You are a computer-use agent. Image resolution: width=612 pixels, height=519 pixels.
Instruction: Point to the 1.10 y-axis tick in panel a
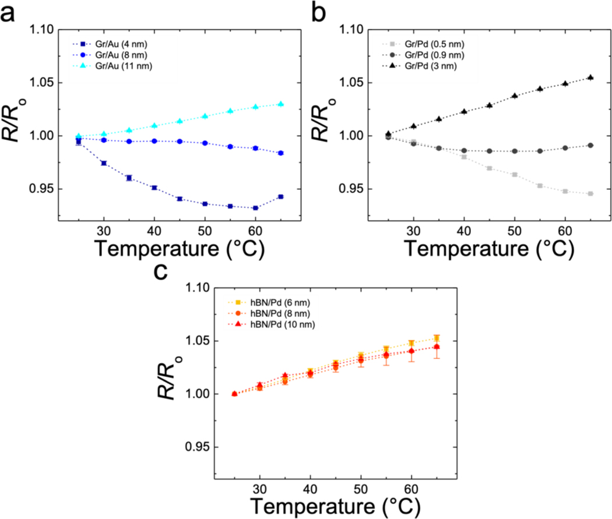pos(40,30)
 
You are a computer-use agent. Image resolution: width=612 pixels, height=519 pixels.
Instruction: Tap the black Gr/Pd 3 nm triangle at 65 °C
pos(590,77)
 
